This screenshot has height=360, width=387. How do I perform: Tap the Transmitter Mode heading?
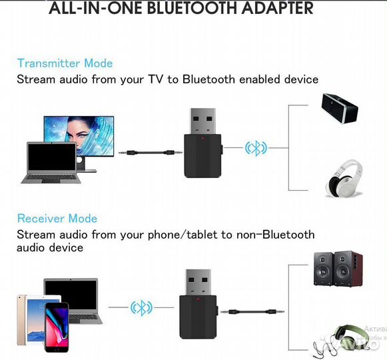click(65, 63)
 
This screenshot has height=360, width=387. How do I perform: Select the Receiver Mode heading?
click(57, 219)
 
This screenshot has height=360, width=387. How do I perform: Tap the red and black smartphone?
click(57, 327)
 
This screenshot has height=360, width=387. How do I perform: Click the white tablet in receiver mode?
click(29, 317)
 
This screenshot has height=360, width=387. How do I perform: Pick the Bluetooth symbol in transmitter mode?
click(255, 148)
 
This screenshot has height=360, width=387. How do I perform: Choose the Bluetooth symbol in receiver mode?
click(141, 307)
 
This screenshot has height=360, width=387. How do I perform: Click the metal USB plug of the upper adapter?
click(201, 120)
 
